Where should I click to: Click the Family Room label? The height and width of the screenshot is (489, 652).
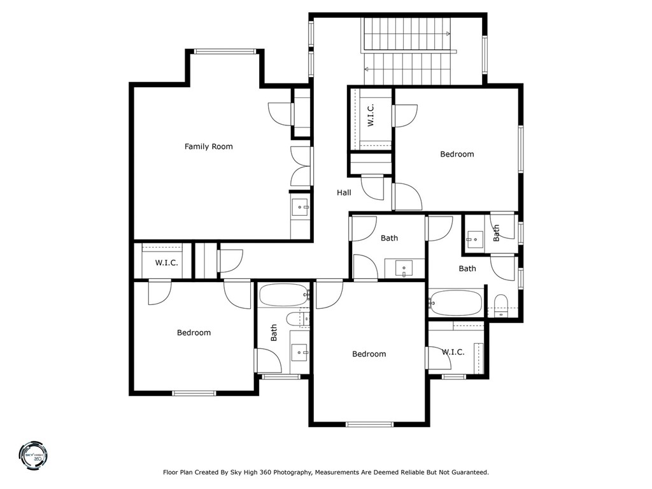(208, 146)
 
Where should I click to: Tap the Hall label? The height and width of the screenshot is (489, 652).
(344, 192)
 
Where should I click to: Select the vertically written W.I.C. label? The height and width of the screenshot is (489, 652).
(371, 115)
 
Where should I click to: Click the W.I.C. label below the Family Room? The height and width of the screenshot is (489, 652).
(166, 263)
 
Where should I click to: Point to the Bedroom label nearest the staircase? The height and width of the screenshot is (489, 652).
(457, 154)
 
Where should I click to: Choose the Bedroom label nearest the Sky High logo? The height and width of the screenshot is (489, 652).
(194, 332)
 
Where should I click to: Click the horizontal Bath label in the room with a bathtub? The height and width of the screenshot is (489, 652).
(467, 269)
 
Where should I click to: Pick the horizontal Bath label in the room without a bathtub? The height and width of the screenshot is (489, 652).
(389, 238)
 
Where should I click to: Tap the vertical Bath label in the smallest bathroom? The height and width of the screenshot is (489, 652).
(497, 232)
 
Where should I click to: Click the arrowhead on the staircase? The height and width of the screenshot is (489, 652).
(448, 34)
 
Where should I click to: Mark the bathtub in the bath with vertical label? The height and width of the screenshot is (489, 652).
(283, 295)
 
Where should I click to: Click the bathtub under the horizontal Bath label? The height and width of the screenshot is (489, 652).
(456, 303)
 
